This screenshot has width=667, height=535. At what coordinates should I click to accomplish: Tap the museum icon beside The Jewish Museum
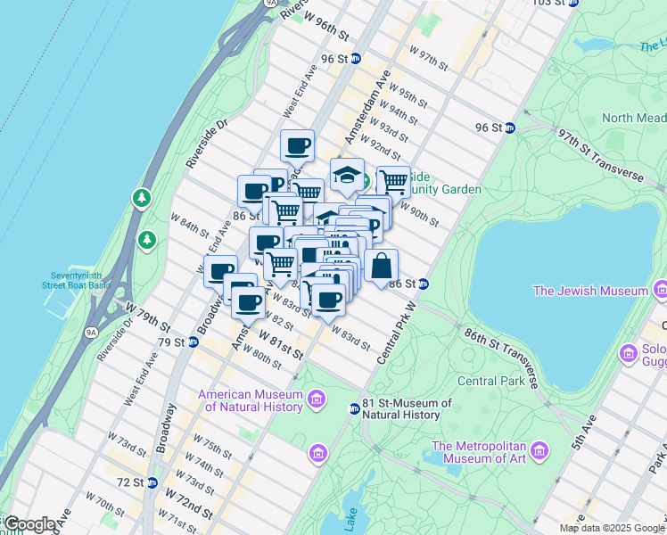(x=660, y=291)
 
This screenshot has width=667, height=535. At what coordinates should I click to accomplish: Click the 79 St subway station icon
(x=192, y=342)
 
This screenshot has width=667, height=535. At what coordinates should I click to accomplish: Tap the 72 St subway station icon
(x=152, y=482)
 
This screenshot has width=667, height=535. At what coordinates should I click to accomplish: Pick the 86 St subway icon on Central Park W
(x=424, y=284)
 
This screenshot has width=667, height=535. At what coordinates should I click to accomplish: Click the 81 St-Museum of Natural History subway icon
(x=354, y=408)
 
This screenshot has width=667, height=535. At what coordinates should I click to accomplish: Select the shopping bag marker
(x=381, y=265)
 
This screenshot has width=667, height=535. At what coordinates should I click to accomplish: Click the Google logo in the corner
(x=29, y=524)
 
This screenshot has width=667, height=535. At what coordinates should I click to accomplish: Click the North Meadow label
(x=633, y=118)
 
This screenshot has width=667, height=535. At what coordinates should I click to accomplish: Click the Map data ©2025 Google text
(x=610, y=528)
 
